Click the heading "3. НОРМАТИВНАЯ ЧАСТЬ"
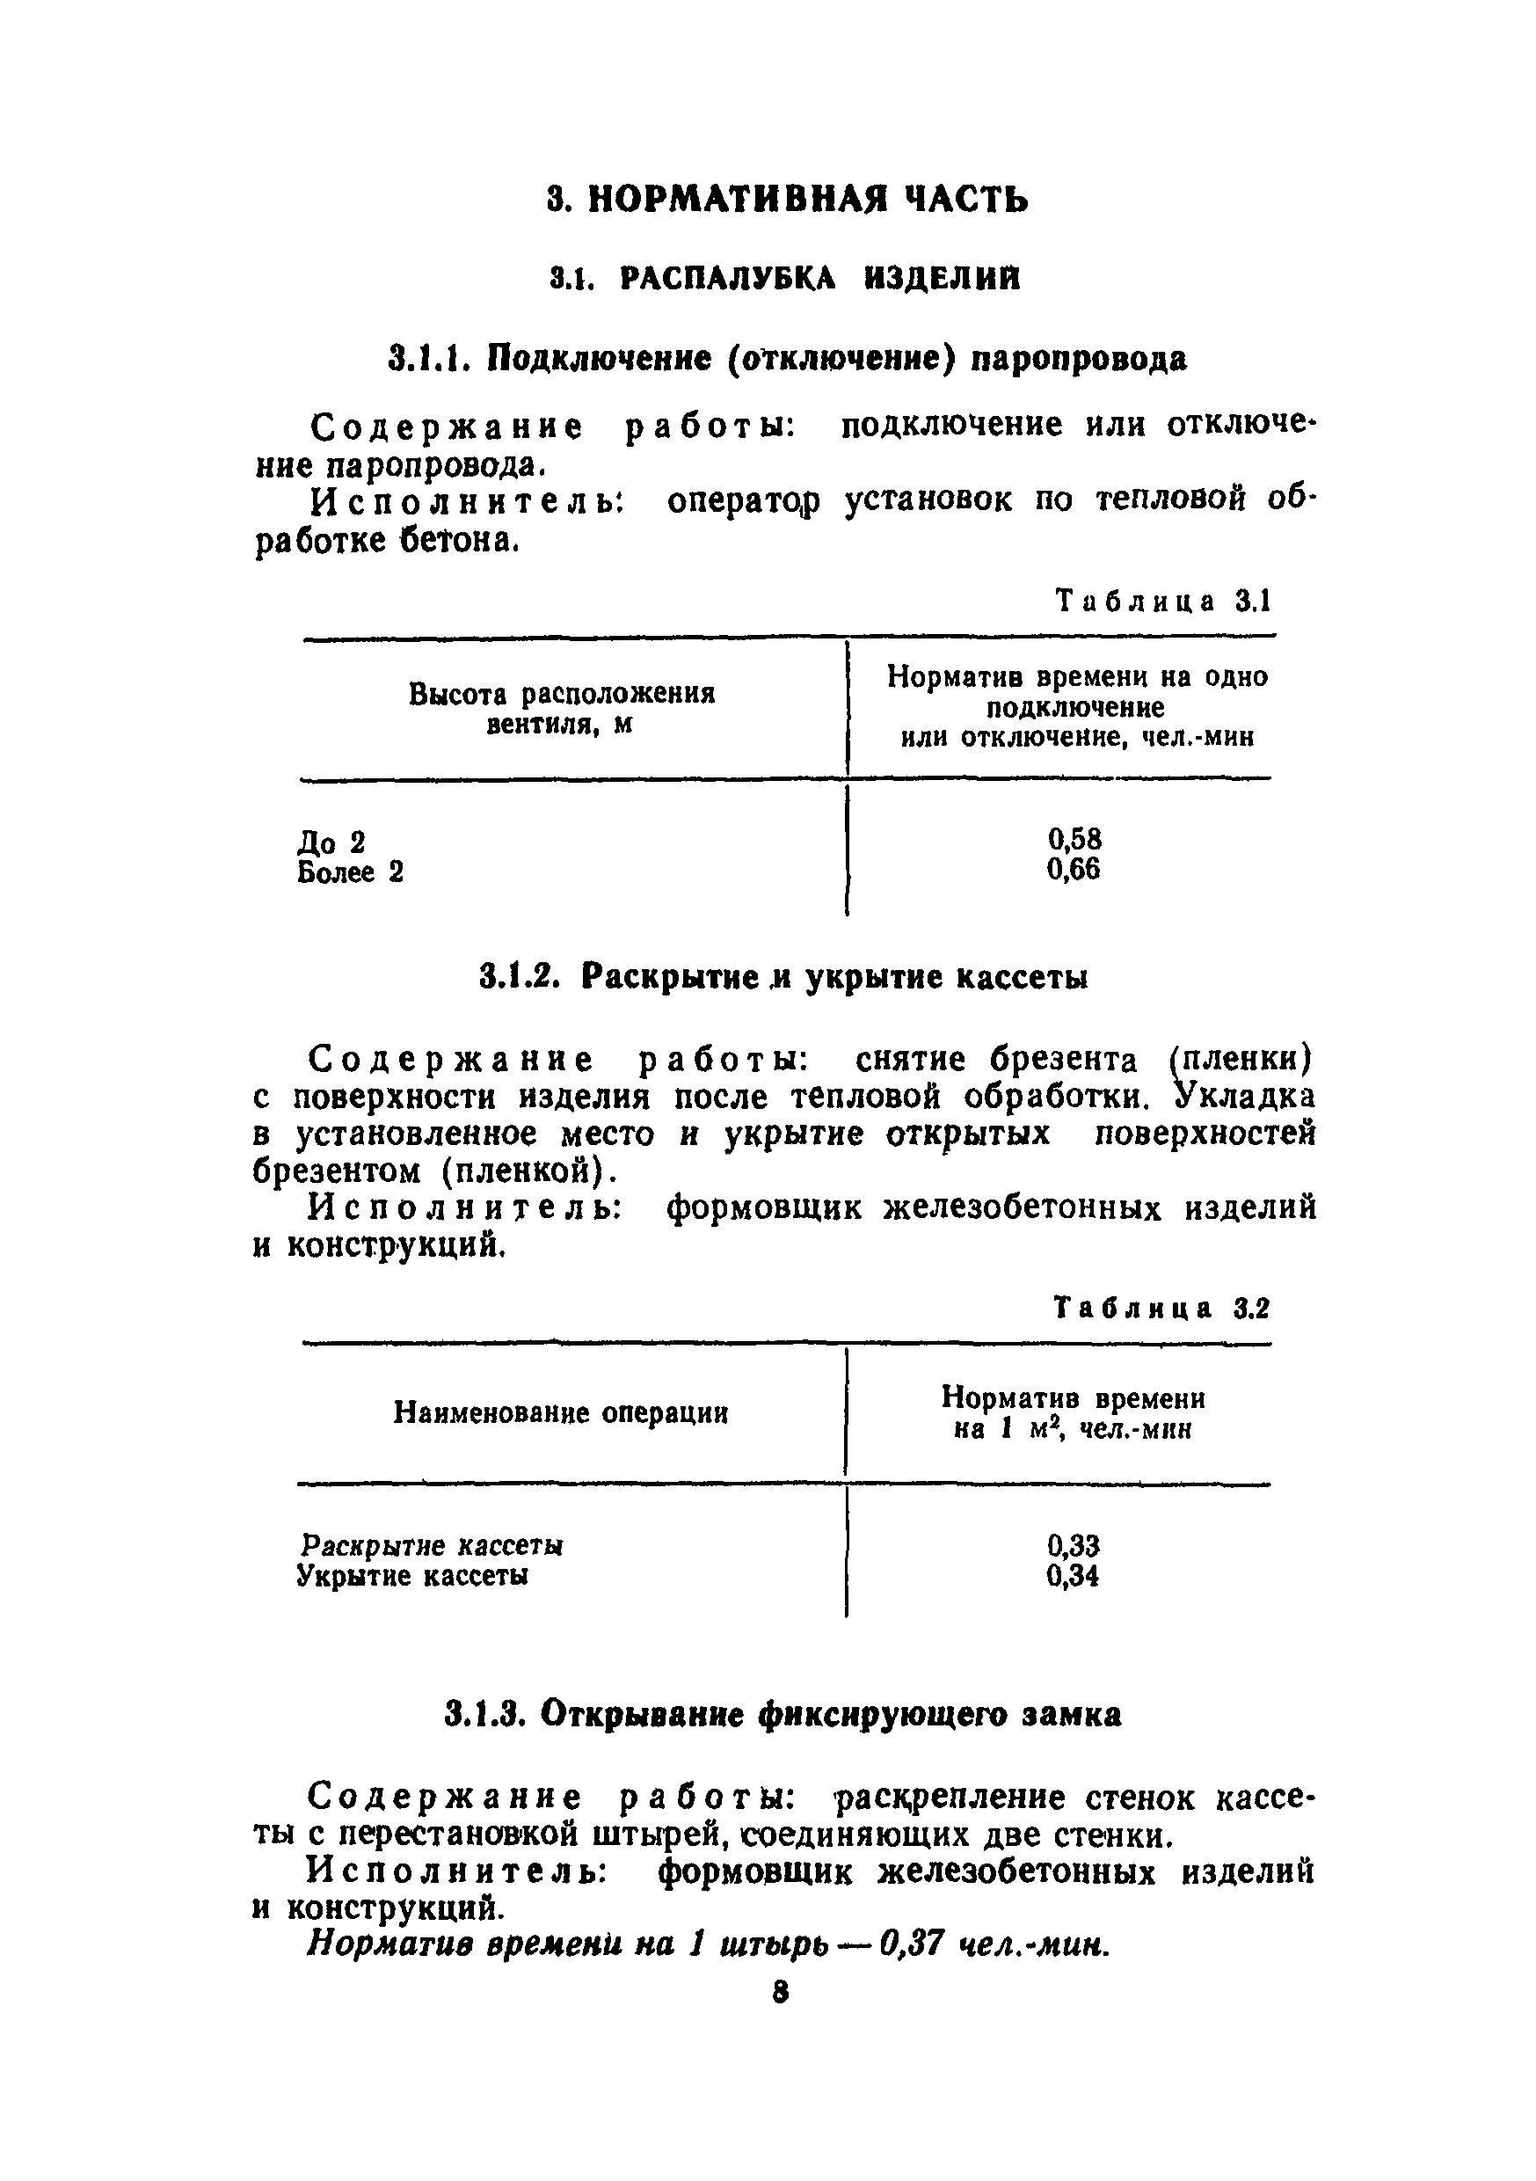click(788, 198)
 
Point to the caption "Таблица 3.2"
click(1161, 1308)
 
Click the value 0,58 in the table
click(1074, 839)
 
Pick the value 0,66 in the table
click(1074, 869)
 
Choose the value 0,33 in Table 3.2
click(1074, 1545)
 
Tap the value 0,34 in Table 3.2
click(1074, 1576)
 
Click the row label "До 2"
click(331, 842)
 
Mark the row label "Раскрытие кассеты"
click(431, 1545)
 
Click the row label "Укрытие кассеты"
click(413, 1576)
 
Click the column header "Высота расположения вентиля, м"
click(562, 708)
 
